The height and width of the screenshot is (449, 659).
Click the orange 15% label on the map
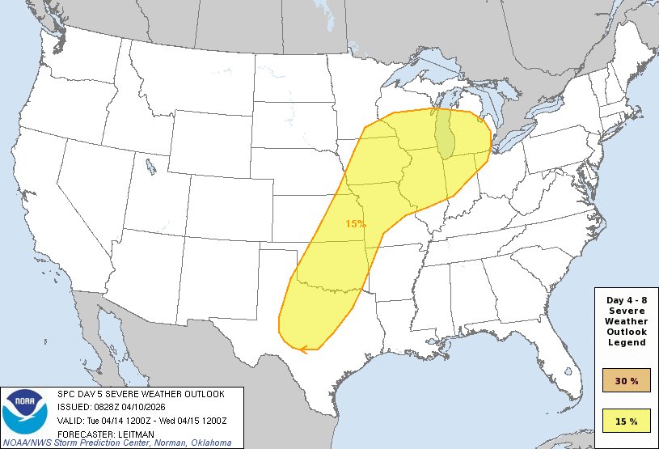point(356,223)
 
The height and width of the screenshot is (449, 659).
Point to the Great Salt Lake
point(151,167)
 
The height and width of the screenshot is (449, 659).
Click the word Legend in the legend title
point(626,342)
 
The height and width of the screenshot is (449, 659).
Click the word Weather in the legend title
point(626,321)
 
